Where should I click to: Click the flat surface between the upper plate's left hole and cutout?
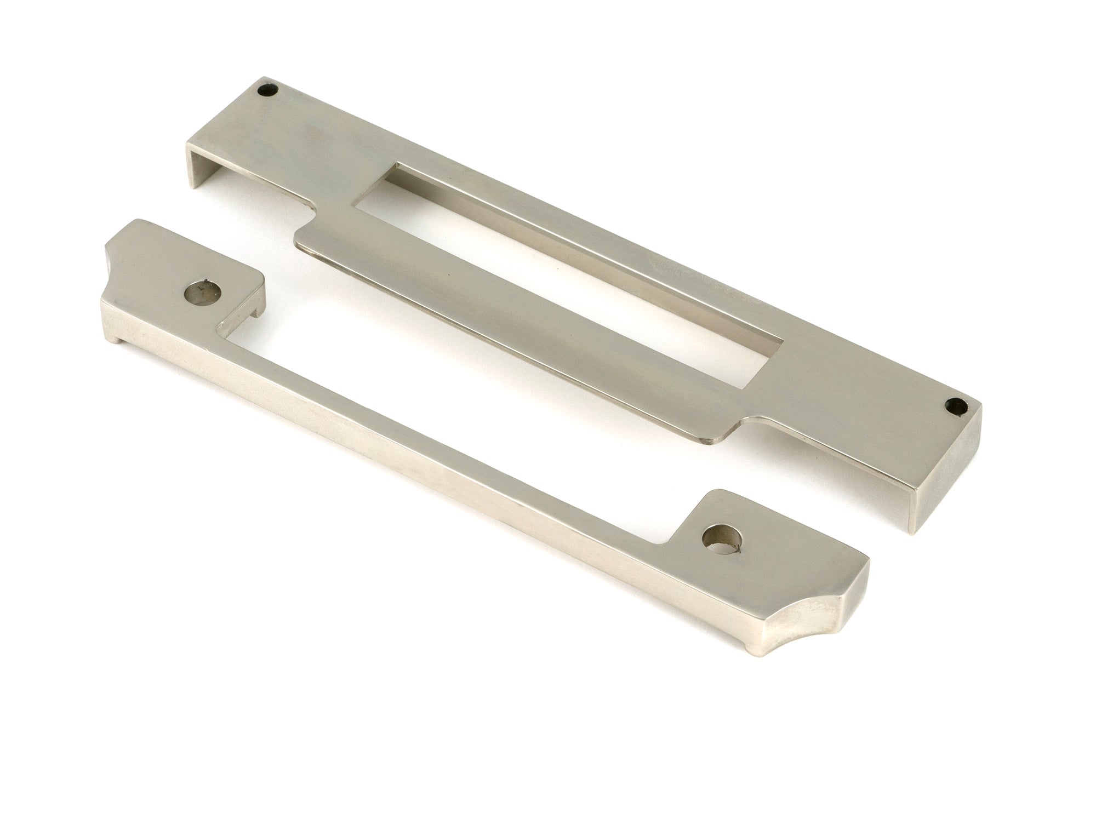pyautogui.click(x=307, y=137)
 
